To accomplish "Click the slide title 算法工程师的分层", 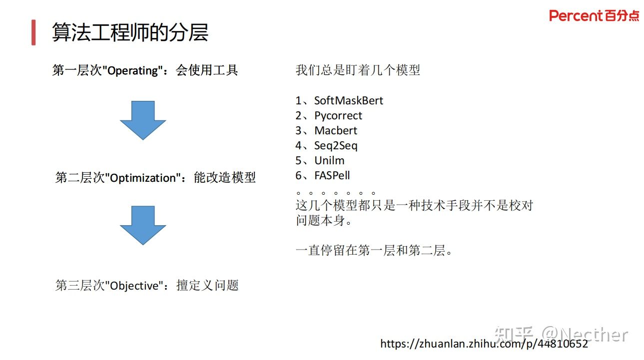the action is (130, 32).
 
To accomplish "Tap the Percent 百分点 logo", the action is (594, 16).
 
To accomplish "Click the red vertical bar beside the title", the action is (33, 32).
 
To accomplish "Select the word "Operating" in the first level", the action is (132, 71).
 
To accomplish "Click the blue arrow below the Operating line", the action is (143, 120).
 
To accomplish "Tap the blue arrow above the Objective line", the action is (143, 225).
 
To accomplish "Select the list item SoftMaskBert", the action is (348, 101).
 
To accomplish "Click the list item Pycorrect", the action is (338, 116).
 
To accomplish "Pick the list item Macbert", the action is (336, 131).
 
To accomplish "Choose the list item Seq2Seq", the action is (336, 146).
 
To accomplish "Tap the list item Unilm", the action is (329, 161).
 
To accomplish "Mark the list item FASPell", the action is (332, 176).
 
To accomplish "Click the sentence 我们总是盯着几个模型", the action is (358, 70).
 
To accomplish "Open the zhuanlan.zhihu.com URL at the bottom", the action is (484, 344).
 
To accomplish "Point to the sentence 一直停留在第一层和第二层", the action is (374, 251).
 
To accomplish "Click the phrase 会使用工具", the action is (207, 70).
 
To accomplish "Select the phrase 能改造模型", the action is (225, 178).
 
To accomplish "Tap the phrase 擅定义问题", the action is (208, 286).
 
